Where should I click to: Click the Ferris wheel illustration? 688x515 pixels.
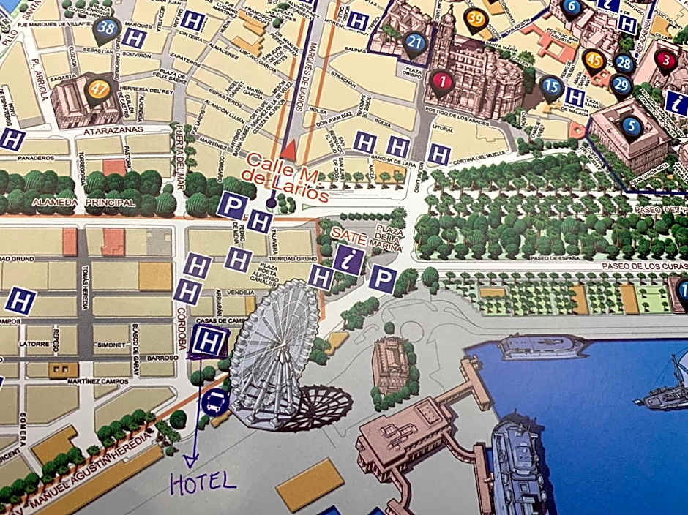(x=274, y=351)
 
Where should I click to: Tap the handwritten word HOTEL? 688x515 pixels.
(x=203, y=481)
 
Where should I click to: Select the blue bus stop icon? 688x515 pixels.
(x=215, y=402)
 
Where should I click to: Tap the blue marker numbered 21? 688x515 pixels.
(x=414, y=42)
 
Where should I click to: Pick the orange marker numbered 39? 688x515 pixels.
(x=476, y=18)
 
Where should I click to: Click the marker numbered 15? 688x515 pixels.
(x=552, y=87)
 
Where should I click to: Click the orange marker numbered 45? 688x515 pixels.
(x=594, y=61)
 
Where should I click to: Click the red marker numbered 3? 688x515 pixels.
(x=665, y=60)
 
